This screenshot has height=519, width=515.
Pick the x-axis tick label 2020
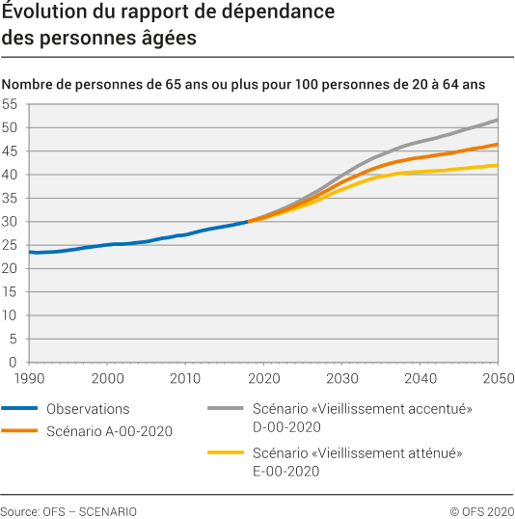264,378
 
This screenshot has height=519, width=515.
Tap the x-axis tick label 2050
497,378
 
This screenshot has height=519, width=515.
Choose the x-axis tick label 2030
342,378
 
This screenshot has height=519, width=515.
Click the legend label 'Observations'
89,409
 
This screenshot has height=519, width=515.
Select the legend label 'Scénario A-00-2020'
109,430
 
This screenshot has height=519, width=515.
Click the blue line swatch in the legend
20,409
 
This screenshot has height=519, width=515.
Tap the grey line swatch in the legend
226,409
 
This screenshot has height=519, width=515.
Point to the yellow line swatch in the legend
226,452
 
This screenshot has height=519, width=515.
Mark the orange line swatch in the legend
20,430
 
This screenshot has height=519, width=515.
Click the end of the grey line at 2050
498,120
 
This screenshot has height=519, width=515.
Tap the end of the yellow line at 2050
498,166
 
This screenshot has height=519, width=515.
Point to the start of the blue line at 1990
31,252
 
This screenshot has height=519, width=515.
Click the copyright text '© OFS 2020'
482,509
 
